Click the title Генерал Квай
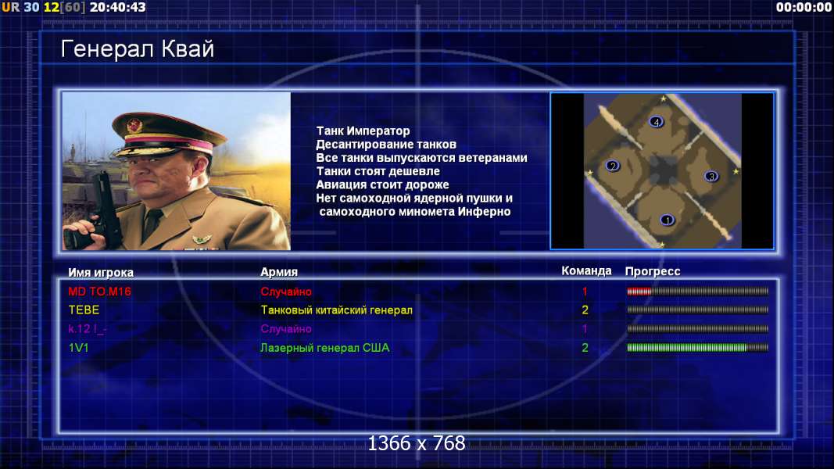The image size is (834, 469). [138, 49]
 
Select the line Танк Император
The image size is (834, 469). [363, 131]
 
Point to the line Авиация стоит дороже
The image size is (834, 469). [382, 184]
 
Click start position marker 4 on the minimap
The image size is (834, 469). [657, 122]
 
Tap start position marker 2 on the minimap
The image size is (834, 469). [613, 166]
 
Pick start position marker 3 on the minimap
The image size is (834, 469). [711, 176]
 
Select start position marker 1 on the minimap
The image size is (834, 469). [667, 220]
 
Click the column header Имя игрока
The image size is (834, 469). [101, 272]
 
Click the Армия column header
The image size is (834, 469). [279, 272]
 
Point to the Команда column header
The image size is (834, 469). [586, 270]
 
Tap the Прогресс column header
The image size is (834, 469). [653, 271]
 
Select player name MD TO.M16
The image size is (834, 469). [99, 292]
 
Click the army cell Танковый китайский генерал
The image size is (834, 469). [336, 310]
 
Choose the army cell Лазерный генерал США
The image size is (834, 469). [324, 348]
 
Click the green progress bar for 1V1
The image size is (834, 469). [687, 348]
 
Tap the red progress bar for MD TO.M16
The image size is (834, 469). [639, 292]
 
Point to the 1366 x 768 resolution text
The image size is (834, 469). [417, 443]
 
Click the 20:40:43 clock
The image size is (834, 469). [117, 8]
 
